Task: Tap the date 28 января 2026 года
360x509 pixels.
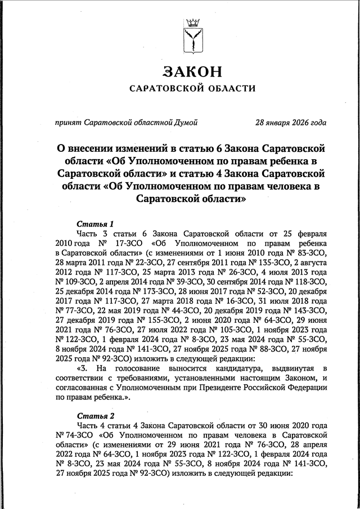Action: pyautogui.click(x=291, y=122)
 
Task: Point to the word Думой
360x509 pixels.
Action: pyautogui.click(x=186, y=122)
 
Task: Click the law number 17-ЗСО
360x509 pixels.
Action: pyautogui.click(x=125, y=244)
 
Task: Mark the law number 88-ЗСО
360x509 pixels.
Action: pyautogui.click(x=263, y=349)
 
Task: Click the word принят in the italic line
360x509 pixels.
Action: pyautogui.click(x=67, y=122)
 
